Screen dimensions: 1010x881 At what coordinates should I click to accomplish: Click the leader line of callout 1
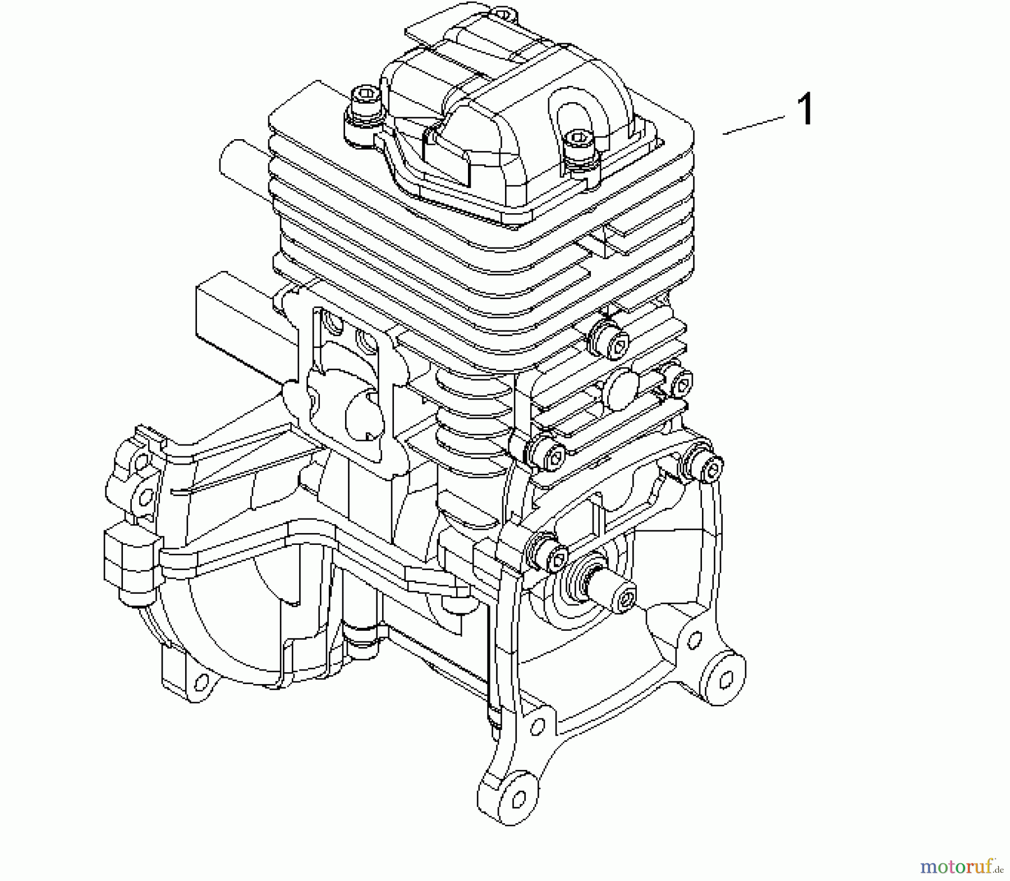click(x=754, y=125)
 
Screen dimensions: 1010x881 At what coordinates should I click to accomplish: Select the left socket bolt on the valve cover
click(x=362, y=107)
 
